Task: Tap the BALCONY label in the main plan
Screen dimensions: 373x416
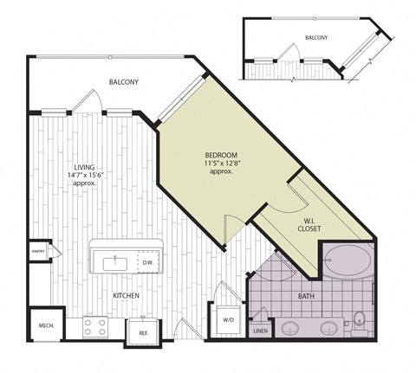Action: tap(124, 82)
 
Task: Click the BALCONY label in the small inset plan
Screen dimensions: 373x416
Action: tap(316, 38)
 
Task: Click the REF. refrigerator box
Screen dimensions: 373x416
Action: tap(143, 331)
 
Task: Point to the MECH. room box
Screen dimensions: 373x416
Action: tap(46, 325)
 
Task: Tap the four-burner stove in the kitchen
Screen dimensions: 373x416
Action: tap(94, 326)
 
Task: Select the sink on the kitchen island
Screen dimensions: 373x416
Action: tap(114, 261)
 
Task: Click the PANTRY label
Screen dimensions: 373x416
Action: tap(38, 252)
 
